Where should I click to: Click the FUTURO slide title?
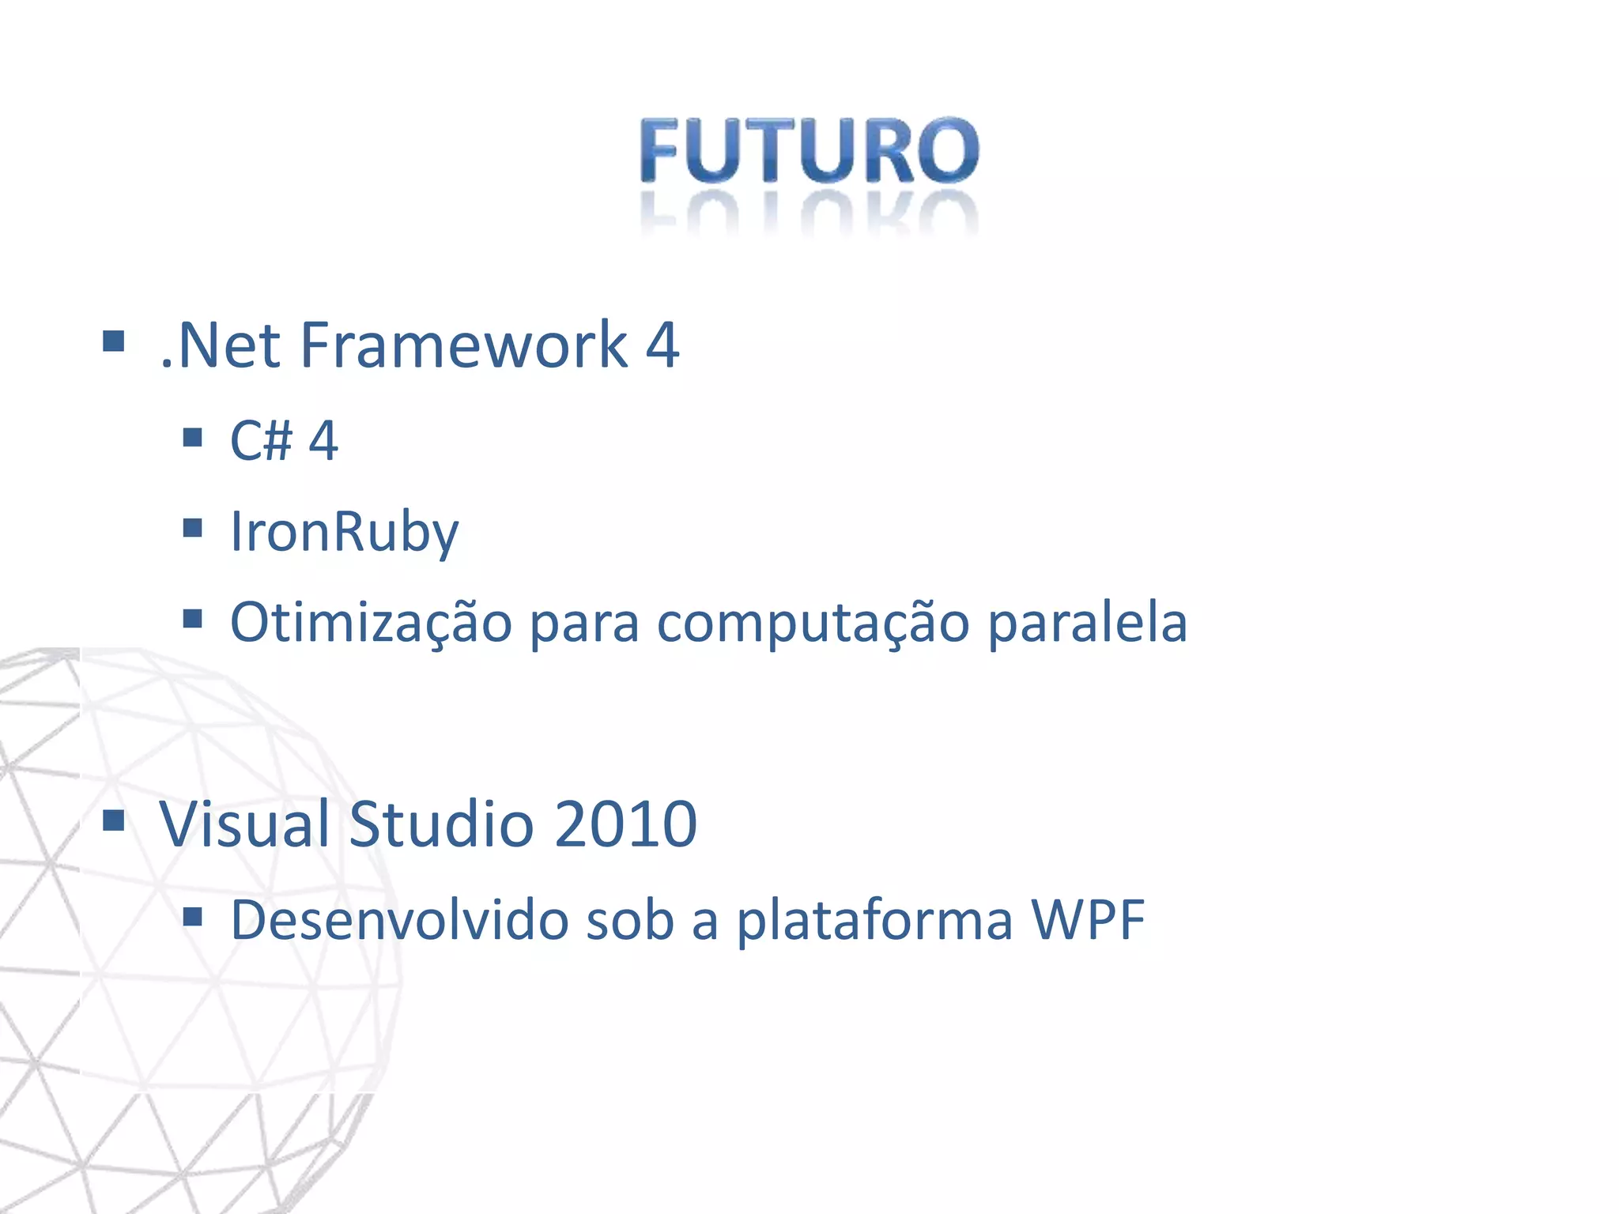pos(809,150)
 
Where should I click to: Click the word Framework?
pos(464,345)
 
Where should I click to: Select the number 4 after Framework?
pos(662,345)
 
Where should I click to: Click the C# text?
pos(261,440)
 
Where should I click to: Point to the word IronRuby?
pos(344,532)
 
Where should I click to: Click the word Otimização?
pos(371,623)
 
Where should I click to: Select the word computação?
pos(813,623)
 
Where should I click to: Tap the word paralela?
pos(1088,623)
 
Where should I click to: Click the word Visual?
pos(243,824)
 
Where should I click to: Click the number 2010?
pos(625,824)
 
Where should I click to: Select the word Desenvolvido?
pos(399,920)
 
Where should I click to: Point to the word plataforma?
pos(874,920)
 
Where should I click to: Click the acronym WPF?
pos(1088,920)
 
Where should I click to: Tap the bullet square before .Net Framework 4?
pos(114,341)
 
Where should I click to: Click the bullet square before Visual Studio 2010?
pos(114,821)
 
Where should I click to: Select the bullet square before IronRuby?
pos(192,527)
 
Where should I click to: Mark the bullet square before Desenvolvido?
pos(192,916)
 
